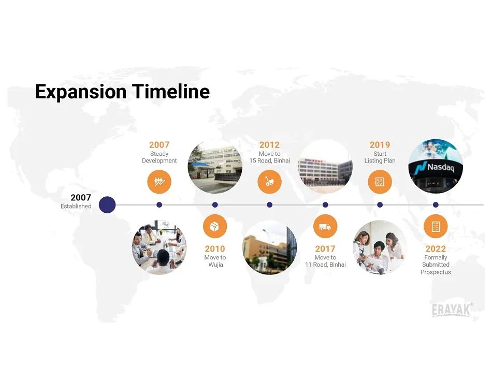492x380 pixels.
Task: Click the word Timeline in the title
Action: (171, 92)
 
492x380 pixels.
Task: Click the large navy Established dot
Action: (107, 204)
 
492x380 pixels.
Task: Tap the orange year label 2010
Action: (215, 249)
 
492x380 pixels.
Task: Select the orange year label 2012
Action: (269, 144)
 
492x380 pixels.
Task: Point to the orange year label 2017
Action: (325, 249)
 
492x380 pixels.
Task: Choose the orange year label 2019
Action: (380, 144)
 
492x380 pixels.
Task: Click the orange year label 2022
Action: (436, 249)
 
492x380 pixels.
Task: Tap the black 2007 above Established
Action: (81, 197)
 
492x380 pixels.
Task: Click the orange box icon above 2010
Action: (215, 226)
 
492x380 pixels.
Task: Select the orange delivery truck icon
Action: (325, 226)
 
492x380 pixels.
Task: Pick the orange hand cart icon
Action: (269, 182)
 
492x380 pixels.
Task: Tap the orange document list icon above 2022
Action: (436, 226)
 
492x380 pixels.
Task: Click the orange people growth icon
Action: (159, 182)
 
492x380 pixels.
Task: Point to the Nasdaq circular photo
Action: (436, 166)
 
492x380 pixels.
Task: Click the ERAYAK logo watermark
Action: (452, 310)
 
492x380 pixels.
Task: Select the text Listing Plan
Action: (380, 160)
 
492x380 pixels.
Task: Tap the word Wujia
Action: (215, 265)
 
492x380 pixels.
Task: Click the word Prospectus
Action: (436, 272)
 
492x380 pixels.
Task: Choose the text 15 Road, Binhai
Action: (269, 160)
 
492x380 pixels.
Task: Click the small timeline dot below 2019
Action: (380, 204)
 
